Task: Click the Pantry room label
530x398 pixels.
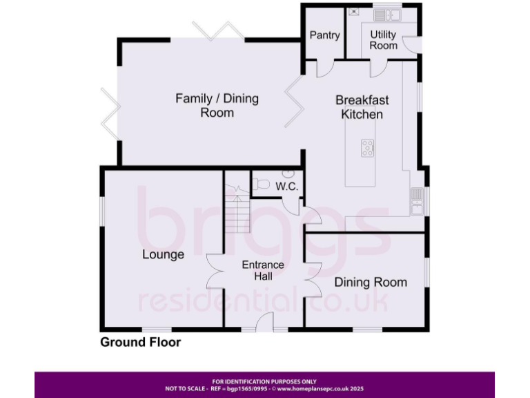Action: tap(324, 35)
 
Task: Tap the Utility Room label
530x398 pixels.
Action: tap(383, 39)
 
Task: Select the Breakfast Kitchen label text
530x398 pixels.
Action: tap(362, 107)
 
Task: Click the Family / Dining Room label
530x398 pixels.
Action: tap(217, 105)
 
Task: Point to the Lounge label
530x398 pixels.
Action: tap(164, 254)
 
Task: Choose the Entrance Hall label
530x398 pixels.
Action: tap(263, 270)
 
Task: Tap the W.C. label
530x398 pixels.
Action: tap(286, 187)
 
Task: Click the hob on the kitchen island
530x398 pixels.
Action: tap(367, 147)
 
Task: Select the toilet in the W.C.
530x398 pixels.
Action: tap(261, 184)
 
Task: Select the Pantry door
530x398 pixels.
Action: tap(323, 68)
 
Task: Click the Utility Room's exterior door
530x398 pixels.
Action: tap(411, 44)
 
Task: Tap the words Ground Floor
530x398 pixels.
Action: tap(141, 342)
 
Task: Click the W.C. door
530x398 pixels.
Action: tap(296, 205)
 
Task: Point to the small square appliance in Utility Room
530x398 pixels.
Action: tap(354, 11)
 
